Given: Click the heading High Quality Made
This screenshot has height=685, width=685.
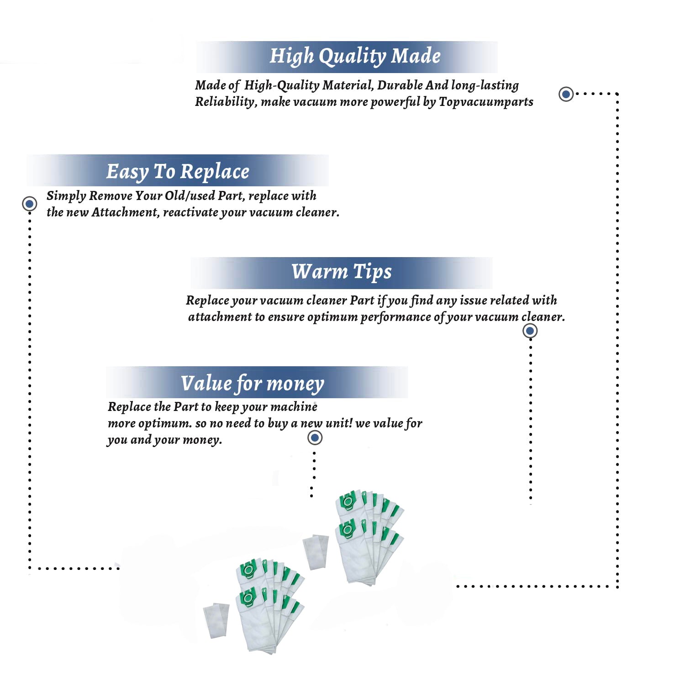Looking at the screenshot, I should point(355,56).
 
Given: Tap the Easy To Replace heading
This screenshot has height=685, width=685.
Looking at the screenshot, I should point(178,172).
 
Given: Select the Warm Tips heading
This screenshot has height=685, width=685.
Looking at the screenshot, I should point(342,272).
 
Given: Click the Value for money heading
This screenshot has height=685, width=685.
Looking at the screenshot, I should point(252,384).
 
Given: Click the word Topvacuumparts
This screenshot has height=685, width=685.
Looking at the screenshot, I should point(486,101).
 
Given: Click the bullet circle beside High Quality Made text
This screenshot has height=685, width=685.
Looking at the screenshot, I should point(566,94).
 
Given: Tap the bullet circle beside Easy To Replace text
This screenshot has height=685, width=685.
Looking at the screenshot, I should point(30,203).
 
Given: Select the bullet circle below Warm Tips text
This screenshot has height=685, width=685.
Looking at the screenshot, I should point(530,331).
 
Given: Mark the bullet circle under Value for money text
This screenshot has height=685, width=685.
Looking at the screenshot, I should point(315,437).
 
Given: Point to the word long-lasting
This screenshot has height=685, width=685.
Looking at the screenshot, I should point(485,85).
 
